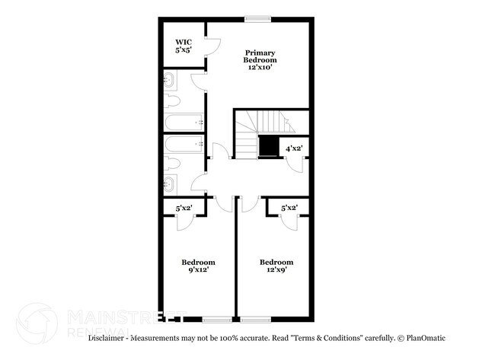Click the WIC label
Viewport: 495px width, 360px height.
(x=183, y=42)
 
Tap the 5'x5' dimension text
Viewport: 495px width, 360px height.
(x=183, y=50)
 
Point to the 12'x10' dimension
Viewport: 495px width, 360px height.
(x=260, y=67)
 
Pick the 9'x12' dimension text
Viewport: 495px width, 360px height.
(x=197, y=269)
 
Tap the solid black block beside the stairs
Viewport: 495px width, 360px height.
(x=269, y=145)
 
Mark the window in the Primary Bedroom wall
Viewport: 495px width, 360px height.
(x=257, y=20)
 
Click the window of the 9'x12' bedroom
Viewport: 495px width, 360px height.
(x=216, y=317)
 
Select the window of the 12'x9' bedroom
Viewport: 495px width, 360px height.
(x=256, y=317)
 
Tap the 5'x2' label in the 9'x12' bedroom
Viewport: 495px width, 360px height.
(x=184, y=207)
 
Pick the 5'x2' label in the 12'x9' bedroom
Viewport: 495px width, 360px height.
(x=289, y=207)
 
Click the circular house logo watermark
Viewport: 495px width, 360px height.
(x=36, y=323)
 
